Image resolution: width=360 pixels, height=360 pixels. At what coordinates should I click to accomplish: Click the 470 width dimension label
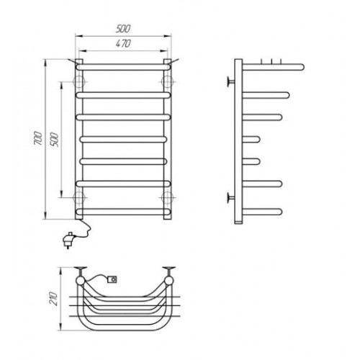[123, 44]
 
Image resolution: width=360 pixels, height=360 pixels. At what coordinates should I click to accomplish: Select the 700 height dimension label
[38, 138]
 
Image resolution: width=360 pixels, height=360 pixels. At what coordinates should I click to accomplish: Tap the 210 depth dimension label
[53, 298]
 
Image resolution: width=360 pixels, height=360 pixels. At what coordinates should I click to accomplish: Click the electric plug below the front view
[68, 240]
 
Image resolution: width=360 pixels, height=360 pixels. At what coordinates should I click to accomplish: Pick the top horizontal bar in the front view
[124, 67]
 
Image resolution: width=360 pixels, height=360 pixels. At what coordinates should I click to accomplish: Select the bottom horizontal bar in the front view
[124, 212]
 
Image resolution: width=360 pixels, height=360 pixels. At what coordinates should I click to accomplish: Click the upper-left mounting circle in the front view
[79, 82]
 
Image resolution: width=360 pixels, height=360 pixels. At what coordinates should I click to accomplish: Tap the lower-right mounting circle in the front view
[168, 197]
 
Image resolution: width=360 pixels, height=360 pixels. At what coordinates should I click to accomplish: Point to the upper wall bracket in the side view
[231, 82]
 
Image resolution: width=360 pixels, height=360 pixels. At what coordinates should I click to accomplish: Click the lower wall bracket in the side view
[231, 198]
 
